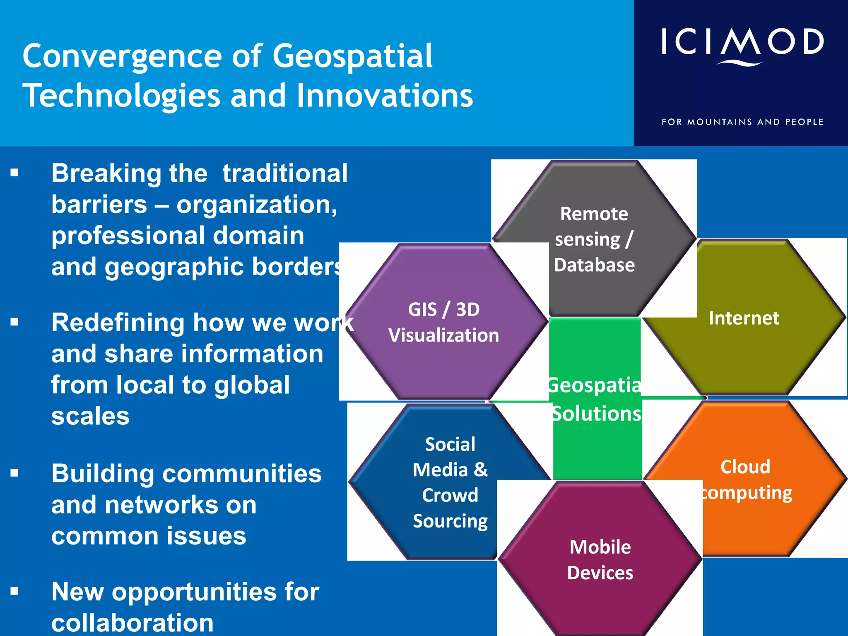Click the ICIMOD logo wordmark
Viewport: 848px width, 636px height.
tap(742, 42)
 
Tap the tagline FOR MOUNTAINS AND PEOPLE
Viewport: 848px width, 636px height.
tap(742, 122)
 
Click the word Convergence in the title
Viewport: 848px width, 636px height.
tap(122, 57)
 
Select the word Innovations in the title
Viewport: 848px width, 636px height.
tap(385, 96)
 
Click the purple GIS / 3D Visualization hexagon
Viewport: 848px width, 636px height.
tap(443, 322)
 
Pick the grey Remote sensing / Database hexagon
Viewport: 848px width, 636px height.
tap(594, 239)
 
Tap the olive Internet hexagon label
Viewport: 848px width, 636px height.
tap(744, 318)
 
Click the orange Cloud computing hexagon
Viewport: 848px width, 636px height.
tap(745, 479)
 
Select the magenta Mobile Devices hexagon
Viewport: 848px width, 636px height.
tap(600, 560)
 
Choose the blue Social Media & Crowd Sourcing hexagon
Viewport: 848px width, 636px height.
tap(450, 482)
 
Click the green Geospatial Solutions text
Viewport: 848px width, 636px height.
tap(595, 399)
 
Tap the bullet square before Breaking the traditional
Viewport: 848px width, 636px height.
tap(15, 173)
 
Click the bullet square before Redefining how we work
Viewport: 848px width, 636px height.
tap(15, 322)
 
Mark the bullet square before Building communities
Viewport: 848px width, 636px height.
tap(15, 472)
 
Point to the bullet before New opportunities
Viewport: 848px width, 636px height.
tap(15, 591)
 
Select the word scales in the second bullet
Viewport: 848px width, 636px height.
tap(90, 416)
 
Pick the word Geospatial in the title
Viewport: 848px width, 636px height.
tap(352, 57)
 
